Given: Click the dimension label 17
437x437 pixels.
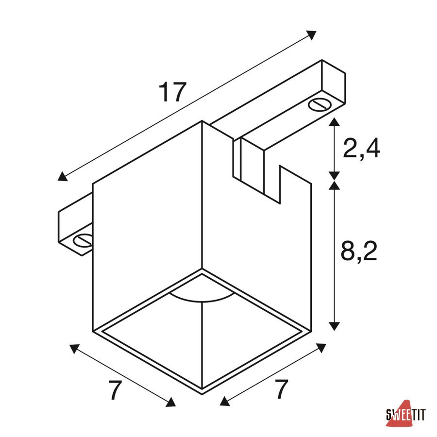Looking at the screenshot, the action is (172, 92).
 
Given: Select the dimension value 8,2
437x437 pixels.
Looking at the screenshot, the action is (359, 251).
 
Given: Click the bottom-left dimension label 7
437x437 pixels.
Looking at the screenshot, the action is (115, 390).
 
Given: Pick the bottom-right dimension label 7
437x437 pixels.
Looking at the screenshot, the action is (281, 389).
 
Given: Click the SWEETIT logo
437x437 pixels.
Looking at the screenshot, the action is (406, 415).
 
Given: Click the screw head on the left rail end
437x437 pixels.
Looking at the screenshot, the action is (83, 240).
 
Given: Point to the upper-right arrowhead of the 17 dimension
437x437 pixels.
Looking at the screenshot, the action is (312, 35).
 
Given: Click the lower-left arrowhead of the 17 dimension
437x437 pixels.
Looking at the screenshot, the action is (63, 176).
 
